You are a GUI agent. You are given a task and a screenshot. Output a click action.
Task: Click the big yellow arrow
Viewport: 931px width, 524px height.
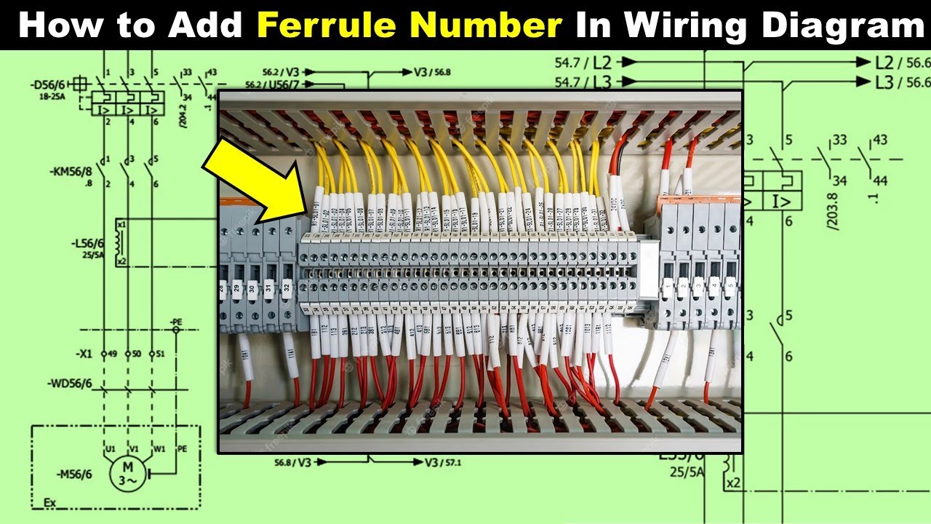(255, 178)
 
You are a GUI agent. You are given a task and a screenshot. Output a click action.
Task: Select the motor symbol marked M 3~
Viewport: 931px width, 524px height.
(129, 474)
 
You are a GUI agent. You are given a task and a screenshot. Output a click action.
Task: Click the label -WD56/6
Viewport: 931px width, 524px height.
(70, 383)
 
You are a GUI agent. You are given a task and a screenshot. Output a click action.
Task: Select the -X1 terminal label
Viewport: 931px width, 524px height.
(84, 354)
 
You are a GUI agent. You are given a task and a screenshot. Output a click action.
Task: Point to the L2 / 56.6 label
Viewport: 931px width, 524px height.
(903, 63)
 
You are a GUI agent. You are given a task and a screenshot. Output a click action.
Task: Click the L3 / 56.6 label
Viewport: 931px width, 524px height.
(903, 82)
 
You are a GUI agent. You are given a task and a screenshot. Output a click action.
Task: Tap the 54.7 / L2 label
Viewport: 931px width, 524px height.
(582, 63)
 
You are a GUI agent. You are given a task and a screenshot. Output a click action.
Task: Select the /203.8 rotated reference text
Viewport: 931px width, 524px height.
(834, 207)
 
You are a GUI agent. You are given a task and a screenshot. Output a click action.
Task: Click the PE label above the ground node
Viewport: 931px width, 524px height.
(175, 321)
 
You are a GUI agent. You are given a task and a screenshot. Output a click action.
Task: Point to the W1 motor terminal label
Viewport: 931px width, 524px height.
(160, 449)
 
